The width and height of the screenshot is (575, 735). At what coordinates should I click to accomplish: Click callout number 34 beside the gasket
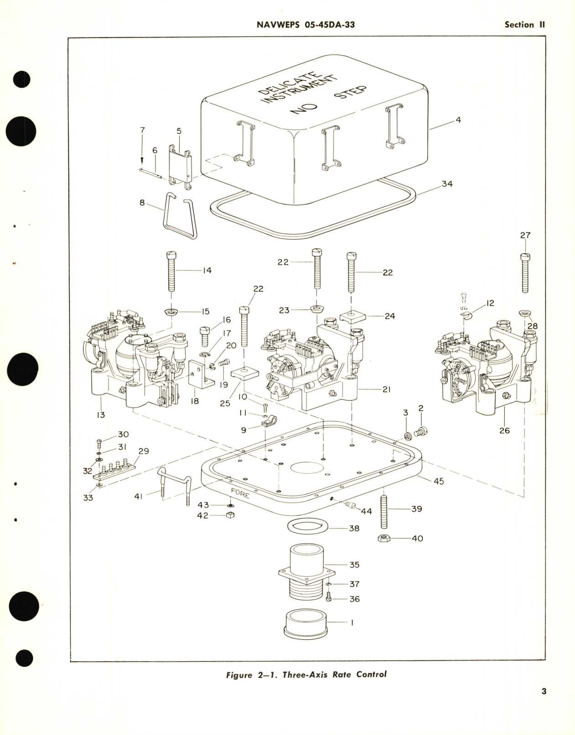click(x=447, y=184)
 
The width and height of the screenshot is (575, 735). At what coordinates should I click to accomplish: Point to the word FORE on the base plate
click(x=240, y=493)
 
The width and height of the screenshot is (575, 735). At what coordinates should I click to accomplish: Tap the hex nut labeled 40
click(x=384, y=538)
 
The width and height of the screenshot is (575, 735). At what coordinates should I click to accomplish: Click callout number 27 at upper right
click(x=525, y=235)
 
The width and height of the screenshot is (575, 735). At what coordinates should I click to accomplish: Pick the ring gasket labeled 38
click(x=308, y=527)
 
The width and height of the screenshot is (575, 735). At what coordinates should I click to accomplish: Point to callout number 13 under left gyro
click(x=100, y=414)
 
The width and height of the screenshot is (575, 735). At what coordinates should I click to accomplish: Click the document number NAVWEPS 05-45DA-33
click(x=306, y=25)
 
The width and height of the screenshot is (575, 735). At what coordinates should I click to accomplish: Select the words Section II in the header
click(x=524, y=25)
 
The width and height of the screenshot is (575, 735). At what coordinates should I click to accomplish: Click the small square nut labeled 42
click(x=231, y=515)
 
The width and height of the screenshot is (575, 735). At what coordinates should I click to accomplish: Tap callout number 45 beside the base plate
click(x=438, y=481)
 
